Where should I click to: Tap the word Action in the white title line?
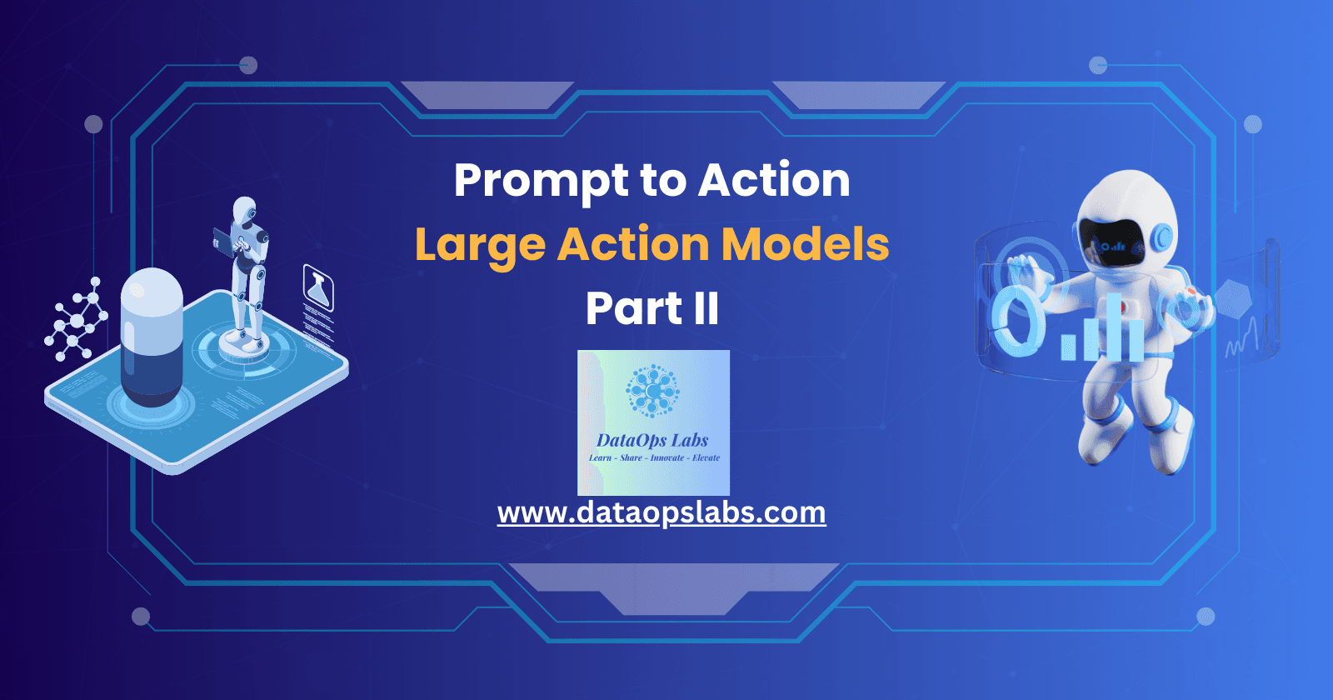774,180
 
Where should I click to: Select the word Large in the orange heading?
480,245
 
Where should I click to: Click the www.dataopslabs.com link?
662,512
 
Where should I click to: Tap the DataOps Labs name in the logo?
652,440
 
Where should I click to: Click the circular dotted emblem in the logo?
652,390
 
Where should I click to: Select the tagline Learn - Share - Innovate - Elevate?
654,457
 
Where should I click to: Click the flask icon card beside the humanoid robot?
318,288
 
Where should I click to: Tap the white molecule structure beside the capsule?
77,320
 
